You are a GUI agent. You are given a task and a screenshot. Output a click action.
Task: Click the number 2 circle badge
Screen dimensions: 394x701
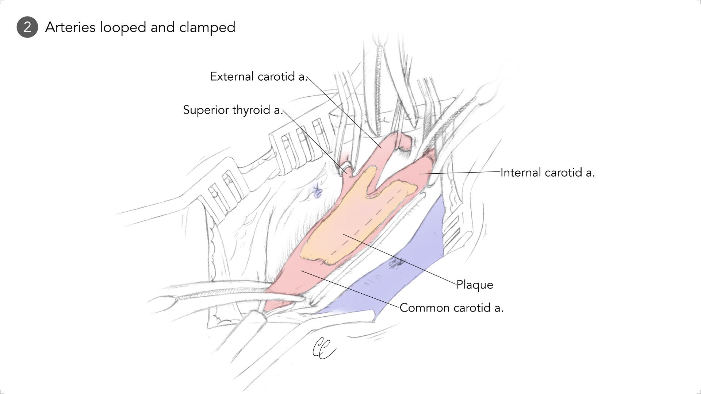(x=27, y=27)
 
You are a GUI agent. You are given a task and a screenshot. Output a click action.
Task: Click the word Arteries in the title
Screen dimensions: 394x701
(x=70, y=27)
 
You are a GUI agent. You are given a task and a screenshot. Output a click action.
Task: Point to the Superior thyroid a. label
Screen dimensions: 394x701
(x=233, y=110)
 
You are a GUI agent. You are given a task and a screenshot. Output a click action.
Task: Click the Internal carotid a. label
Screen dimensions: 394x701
(x=547, y=173)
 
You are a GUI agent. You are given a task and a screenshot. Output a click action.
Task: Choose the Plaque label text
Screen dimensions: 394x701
(x=475, y=285)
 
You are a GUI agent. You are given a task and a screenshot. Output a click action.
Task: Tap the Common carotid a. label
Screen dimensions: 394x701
(x=451, y=308)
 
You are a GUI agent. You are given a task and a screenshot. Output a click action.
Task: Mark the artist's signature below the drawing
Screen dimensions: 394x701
(x=323, y=348)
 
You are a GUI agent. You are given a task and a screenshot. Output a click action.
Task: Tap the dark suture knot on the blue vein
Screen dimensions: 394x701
(x=397, y=263)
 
